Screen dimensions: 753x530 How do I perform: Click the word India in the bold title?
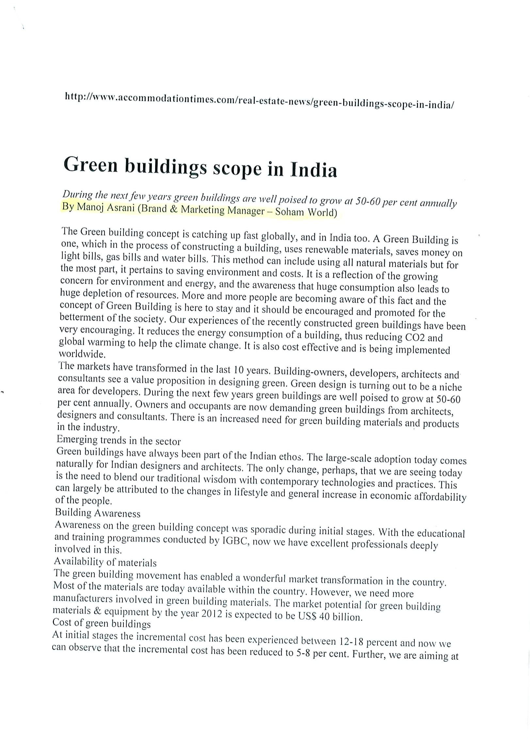coord(313,170)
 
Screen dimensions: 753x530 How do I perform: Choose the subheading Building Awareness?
coord(97,513)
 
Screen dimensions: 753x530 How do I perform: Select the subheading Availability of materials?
coord(105,562)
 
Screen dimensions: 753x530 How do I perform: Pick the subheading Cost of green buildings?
coord(101,623)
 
